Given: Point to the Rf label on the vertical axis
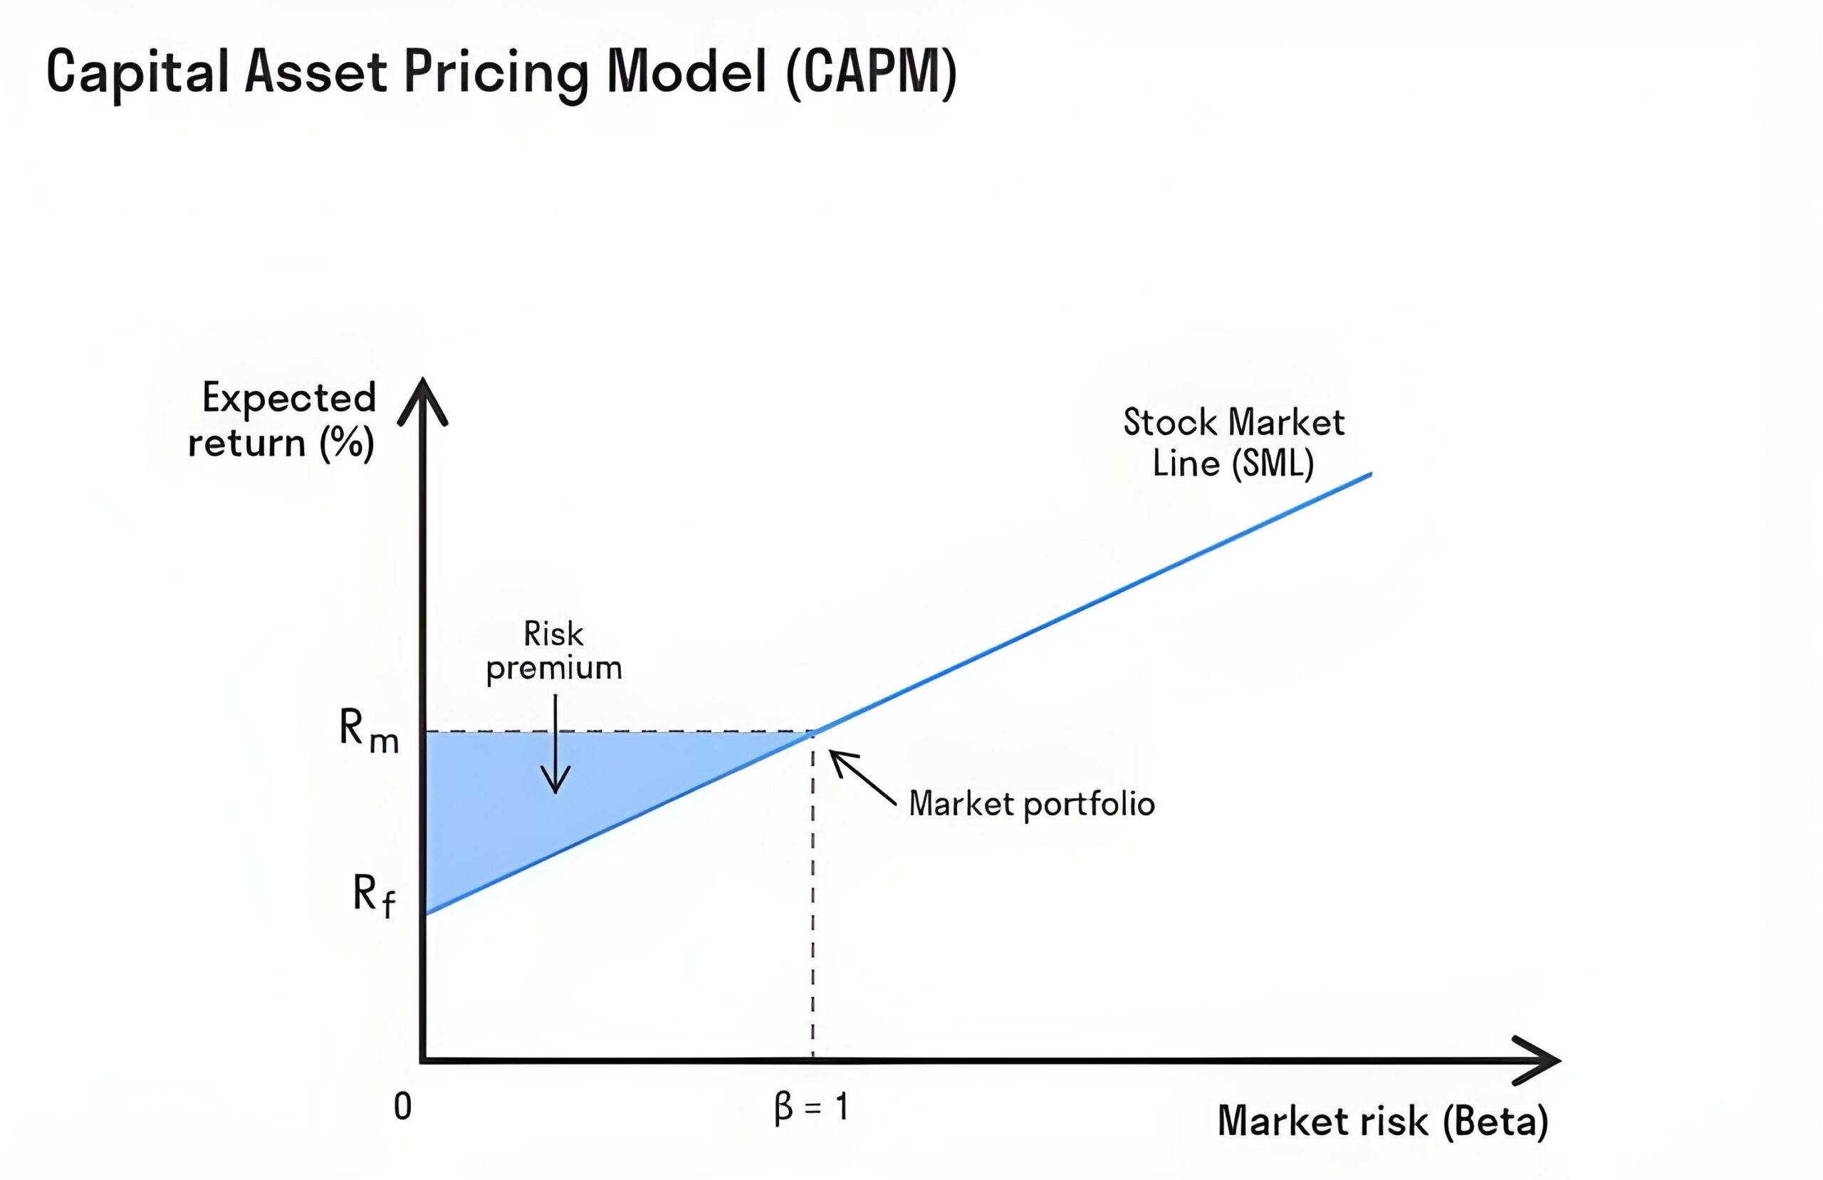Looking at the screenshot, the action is pos(375,895).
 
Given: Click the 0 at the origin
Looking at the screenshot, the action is pos(403,1107).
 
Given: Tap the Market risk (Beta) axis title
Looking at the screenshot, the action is pos(1384,1122).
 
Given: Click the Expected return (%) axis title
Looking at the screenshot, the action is pos(282,420).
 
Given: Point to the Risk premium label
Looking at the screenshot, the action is pos(554,652).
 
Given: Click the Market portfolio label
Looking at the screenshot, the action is pos(1032,805).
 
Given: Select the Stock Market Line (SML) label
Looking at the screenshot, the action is pos(1234,443).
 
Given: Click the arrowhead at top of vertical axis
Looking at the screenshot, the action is pos(423,401).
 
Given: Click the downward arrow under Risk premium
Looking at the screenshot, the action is pos(555,744).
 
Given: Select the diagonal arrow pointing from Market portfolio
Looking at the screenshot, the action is pos(862,778).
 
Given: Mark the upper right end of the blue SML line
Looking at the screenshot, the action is pos(1371,474).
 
